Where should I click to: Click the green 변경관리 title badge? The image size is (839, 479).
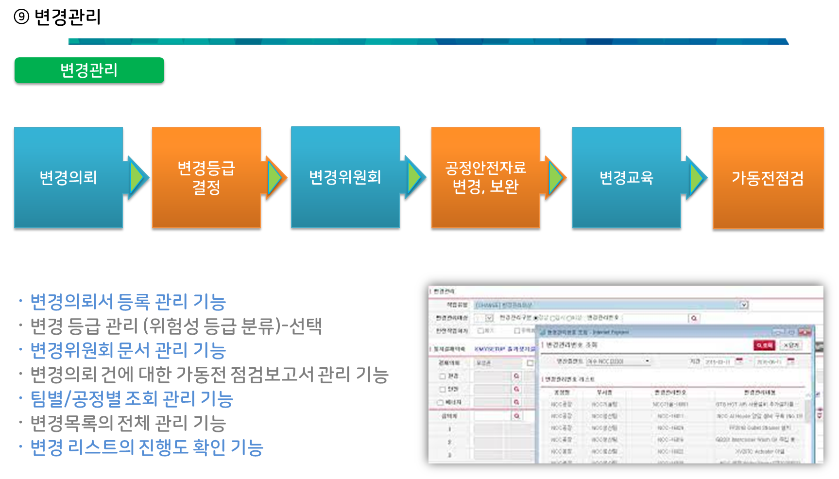[x=89, y=70]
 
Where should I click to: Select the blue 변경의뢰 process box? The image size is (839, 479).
[x=68, y=177]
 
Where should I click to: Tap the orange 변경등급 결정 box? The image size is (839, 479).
[x=206, y=177]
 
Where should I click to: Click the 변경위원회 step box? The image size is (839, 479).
[x=345, y=177]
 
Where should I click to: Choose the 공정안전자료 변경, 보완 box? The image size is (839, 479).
[x=485, y=177]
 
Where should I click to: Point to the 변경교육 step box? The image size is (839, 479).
[x=626, y=177]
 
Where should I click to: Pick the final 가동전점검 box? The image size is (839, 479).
[x=768, y=178]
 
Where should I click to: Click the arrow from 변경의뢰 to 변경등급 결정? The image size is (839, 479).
[x=137, y=177]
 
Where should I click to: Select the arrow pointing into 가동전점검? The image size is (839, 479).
[x=696, y=177]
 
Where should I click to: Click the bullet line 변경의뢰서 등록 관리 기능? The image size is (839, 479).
[x=128, y=302]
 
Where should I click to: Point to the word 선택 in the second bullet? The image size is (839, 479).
[x=305, y=326]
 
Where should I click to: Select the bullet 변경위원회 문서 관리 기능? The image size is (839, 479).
[x=128, y=350]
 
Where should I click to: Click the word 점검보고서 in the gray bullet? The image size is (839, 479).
[x=272, y=375]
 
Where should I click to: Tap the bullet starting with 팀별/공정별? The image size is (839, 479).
[x=132, y=399]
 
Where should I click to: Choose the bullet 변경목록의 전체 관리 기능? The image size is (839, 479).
[x=128, y=423]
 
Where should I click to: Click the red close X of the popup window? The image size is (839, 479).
[x=805, y=332]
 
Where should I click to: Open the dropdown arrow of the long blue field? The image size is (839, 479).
[x=743, y=305]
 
